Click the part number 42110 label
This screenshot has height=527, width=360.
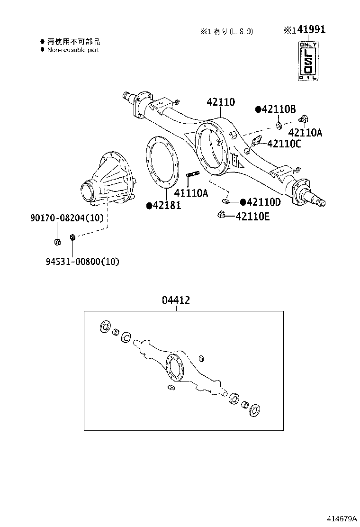[221, 102]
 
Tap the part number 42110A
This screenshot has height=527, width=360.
[305, 133]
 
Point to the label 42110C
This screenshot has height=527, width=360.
[284, 144]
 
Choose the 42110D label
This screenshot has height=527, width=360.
[261, 202]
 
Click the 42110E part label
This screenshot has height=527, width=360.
[253, 217]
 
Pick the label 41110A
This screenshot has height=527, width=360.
[191, 193]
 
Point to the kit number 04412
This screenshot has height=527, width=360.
[176, 300]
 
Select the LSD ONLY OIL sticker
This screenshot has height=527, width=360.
[307, 61]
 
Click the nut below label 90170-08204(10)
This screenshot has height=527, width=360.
[57, 243]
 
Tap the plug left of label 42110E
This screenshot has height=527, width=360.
[220, 216]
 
